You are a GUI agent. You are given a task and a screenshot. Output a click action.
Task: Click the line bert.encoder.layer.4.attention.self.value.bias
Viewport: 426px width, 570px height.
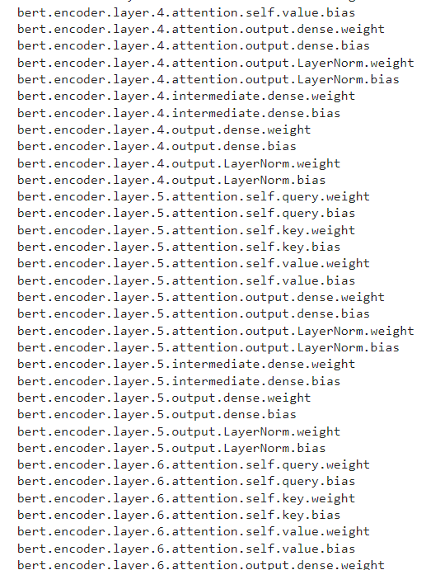(186, 12)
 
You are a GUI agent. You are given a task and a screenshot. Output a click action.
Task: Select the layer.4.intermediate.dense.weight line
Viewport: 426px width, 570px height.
(186, 97)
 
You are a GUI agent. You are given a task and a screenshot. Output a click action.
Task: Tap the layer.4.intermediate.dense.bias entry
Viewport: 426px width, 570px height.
(179, 113)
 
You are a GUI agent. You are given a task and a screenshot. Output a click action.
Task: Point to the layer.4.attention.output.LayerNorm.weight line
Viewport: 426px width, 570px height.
(215, 63)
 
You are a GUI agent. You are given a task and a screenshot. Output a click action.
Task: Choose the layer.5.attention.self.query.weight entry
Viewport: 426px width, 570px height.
(193, 196)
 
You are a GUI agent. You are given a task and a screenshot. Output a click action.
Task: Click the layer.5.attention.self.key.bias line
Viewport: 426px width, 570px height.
(179, 247)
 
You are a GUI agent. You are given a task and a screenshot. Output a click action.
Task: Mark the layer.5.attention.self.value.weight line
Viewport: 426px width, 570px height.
(193, 263)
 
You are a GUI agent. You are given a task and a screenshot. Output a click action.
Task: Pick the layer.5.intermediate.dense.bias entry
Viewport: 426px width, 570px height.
(179, 381)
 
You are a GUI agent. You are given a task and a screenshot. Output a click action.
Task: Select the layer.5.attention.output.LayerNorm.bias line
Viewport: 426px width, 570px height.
(208, 347)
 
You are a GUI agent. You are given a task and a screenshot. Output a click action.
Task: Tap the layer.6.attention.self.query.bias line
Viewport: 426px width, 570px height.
(186, 482)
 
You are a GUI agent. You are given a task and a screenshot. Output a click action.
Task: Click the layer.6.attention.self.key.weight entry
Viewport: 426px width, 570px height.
(186, 498)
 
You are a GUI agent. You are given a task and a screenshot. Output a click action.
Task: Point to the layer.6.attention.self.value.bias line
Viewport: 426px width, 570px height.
(186, 549)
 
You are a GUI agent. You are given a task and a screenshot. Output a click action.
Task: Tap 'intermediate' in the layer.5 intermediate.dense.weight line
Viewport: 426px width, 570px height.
(215, 365)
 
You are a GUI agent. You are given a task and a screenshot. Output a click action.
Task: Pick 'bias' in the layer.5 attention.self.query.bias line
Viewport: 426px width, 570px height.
(340, 214)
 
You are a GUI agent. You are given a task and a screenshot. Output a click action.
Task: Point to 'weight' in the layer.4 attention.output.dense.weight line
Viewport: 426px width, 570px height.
(362, 30)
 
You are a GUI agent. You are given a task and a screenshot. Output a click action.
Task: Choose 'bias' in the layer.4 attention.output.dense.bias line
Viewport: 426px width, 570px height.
(355, 46)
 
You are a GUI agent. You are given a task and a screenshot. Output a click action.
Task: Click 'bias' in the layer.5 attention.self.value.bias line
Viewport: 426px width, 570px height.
(340, 280)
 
